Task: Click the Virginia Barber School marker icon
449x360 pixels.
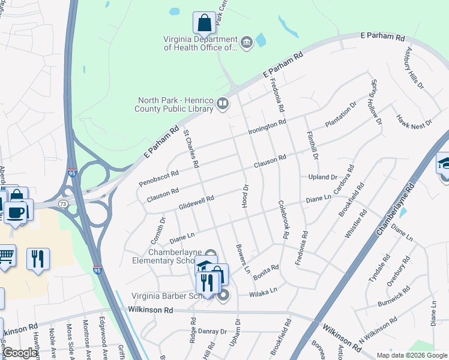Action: [x=224, y=295]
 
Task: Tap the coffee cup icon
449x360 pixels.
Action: [x=15, y=212]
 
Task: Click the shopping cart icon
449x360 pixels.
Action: [x=5, y=257]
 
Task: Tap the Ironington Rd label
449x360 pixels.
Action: [x=268, y=127]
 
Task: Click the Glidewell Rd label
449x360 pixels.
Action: [x=196, y=202]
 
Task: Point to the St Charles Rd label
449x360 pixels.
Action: [x=191, y=148]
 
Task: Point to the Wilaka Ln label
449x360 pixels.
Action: [x=265, y=292]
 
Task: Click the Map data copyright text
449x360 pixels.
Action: [x=411, y=355]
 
